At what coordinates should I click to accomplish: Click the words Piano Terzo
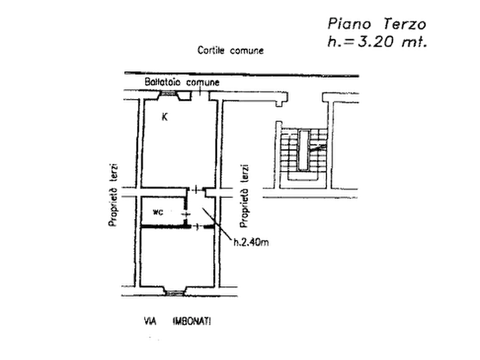point(377,24)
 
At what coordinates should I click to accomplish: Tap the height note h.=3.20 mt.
point(377,41)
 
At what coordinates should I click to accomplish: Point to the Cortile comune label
point(231,50)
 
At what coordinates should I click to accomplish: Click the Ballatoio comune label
point(182,82)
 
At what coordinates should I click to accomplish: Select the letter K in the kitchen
point(164,117)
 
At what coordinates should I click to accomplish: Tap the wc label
point(158,212)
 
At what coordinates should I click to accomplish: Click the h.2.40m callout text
point(251,242)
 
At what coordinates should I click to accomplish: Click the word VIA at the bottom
point(150,321)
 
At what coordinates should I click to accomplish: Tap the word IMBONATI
point(192,321)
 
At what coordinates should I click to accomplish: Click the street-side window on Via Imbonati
point(175,293)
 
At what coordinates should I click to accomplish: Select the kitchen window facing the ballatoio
point(168,93)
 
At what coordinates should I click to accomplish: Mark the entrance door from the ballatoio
point(199,91)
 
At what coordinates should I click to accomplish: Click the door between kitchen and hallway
point(196,190)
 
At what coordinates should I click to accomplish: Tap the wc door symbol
point(186,213)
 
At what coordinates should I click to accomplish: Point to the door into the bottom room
point(197,227)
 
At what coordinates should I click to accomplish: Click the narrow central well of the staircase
point(303,150)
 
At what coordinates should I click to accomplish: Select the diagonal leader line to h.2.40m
point(217,224)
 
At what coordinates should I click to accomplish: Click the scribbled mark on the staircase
point(318,148)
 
